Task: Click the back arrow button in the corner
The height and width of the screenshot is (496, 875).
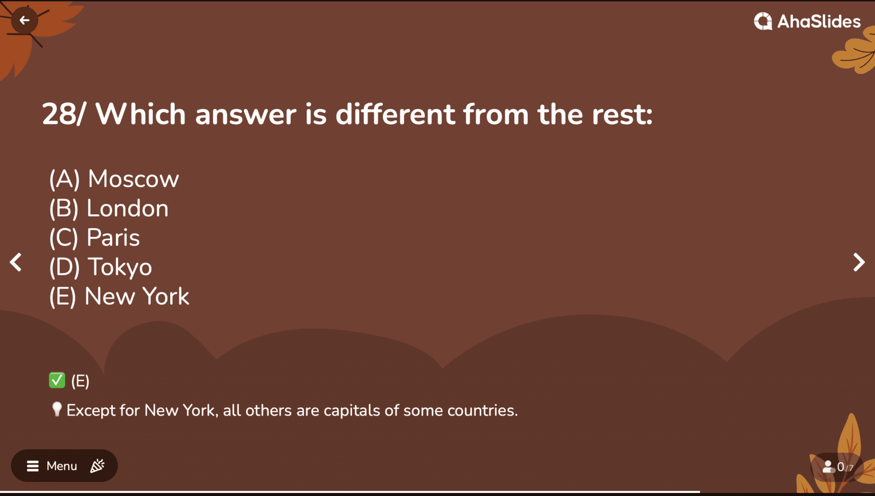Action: click(24, 20)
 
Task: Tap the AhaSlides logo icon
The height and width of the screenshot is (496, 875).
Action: click(763, 21)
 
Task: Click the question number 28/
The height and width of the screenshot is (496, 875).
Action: click(64, 114)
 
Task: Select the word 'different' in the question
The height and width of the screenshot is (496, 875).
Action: click(395, 114)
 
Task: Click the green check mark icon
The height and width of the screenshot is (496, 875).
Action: click(57, 380)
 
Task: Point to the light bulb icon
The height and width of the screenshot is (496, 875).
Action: click(57, 409)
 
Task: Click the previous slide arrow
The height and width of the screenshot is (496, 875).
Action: click(16, 262)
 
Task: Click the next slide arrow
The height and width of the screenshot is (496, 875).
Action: click(859, 262)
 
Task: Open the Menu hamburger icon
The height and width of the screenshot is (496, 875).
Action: click(33, 466)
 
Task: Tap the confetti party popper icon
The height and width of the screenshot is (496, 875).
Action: click(97, 466)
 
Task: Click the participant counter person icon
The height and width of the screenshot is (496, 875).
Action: click(828, 467)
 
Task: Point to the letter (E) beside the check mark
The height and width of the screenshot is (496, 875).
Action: click(80, 381)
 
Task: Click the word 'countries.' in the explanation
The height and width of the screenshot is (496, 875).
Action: click(482, 411)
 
